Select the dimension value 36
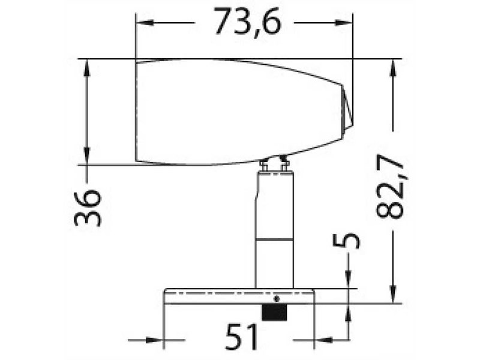click(x=88, y=207)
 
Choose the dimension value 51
click(x=242, y=337)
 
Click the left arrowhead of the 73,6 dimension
click(x=143, y=23)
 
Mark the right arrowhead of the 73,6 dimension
click(x=346, y=23)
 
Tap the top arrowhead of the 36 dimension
click(x=87, y=66)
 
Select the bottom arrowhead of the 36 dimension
click(x=87, y=157)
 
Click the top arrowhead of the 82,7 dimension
click(x=393, y=66)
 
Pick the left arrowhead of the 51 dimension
click(x=157, y=340)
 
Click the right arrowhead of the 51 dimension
click(x=322, y=340)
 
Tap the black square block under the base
click(x=274, y=311)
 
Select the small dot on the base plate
click(x=276, y=298)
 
